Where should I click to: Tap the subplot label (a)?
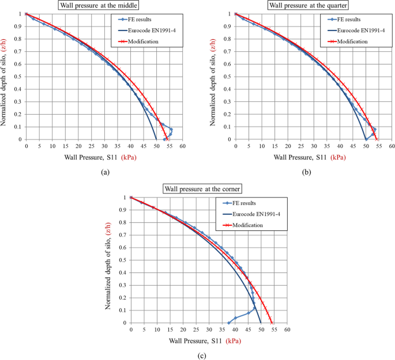coord(104,172)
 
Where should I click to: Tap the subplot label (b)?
coord(313,172)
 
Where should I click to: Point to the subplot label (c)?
coord(201,355)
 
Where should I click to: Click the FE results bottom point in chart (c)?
coord(229,323)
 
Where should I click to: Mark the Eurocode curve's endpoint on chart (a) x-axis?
coord(156,139)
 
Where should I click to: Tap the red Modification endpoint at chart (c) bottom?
coord(272,323)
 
